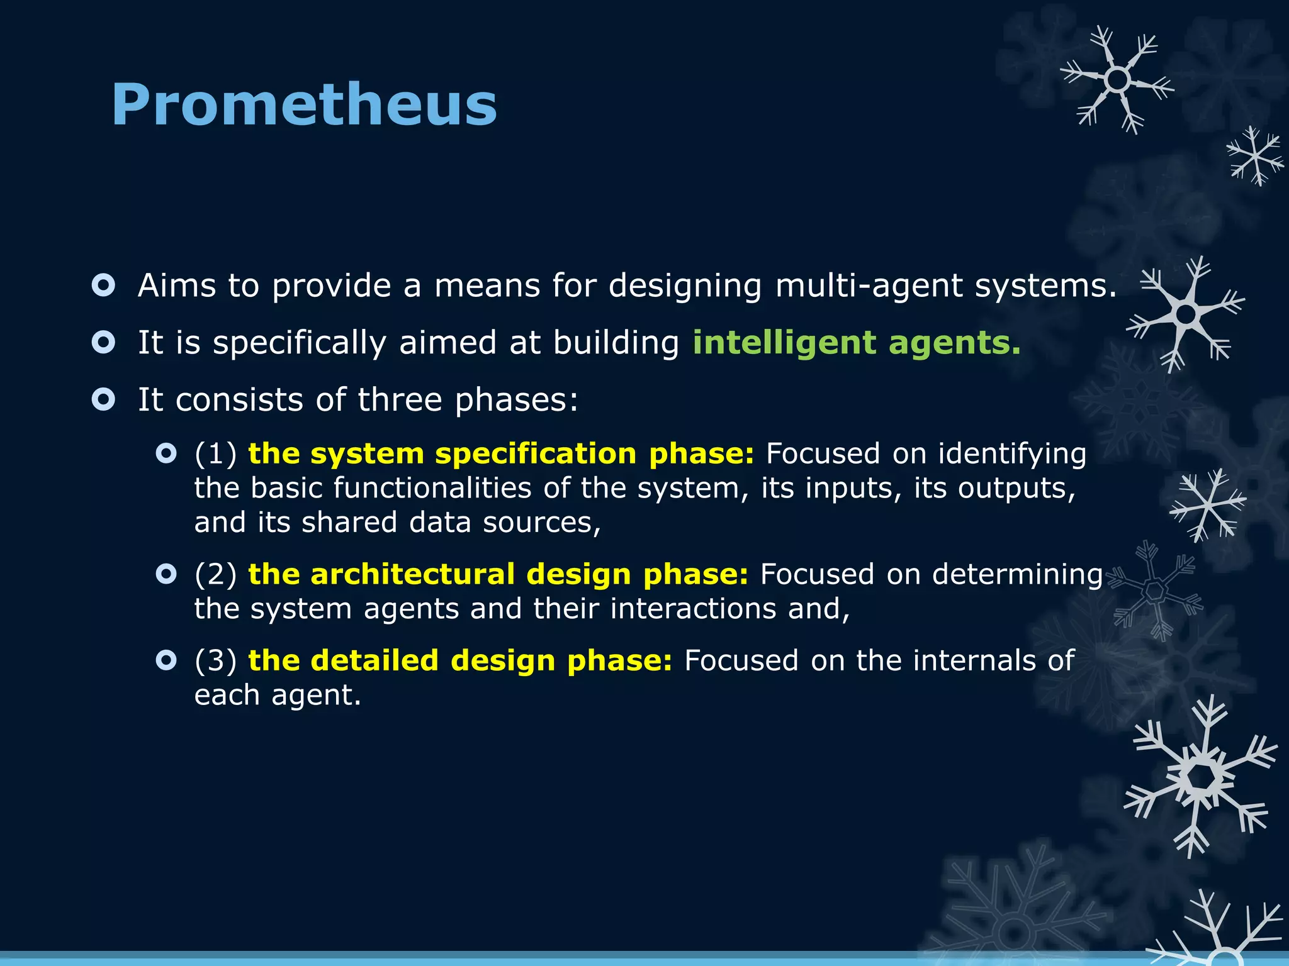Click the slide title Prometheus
click(x=304, y=104)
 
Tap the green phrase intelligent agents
click(x=856, y=343)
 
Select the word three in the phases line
click(x=400, y=400)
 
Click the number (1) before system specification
click(x=215, y=454)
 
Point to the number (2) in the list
click(x=215, y=574)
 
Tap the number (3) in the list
click(x=215, y=660)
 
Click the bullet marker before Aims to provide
click(x=103, y=285)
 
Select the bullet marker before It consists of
click(x=103, y=399)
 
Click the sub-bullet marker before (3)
click(x=166, y=660)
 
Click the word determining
click(x=1017, y=574)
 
